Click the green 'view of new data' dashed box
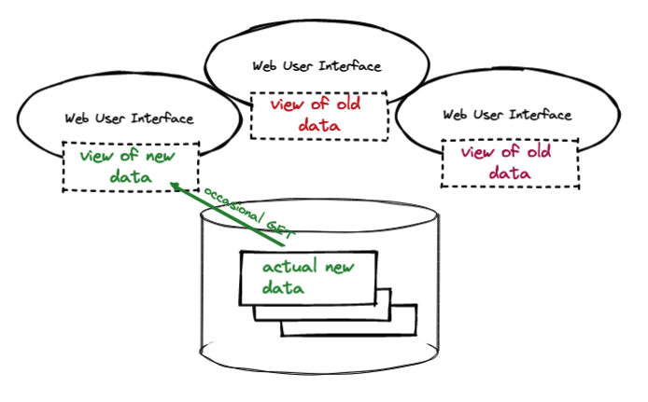[130, 167]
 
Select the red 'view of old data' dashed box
[318, 115]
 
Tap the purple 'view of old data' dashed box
[509, 162]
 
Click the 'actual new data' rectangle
[308, 277]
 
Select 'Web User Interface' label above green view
[129, 118]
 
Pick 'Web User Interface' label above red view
[317, 66]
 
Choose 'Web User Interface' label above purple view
[506, 115]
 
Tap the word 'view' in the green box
[99, 156]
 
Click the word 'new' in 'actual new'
[340, 268]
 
